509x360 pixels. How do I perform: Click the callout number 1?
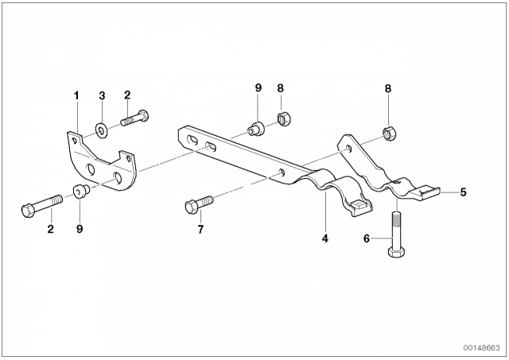(76, 95)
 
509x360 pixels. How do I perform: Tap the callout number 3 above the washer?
(103, 95)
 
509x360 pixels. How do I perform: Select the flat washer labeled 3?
(102, 130)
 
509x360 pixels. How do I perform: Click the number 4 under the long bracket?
(325, 238)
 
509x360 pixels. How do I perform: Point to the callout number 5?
(463, 192)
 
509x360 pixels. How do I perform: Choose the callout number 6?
(367, 238)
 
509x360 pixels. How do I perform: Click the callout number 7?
(200, 230)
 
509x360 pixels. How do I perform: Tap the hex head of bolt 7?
(191, 207)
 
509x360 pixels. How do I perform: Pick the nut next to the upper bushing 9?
(284, 119)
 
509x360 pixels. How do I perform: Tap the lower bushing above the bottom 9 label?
(80, 191)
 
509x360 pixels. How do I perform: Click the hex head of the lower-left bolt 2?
(28, 211)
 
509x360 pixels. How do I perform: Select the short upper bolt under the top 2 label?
(134, 118)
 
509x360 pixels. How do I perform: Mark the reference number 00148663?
(482, 348)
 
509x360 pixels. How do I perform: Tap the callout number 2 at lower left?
(50, 229)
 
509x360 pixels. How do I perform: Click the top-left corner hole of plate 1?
(75, 141)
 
